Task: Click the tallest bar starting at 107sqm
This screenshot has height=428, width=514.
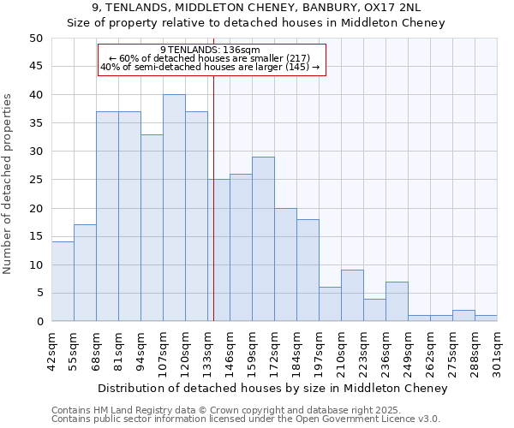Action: [174, 208]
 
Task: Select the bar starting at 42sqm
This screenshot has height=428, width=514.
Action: [63, 282]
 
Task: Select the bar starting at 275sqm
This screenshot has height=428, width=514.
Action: [463, 316]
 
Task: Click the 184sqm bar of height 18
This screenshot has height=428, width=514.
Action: [308, 270]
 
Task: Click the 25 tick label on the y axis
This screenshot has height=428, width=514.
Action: [36, 180]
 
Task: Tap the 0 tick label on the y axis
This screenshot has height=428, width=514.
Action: [39, 322]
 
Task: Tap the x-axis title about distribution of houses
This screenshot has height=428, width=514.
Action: [272, 388]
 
